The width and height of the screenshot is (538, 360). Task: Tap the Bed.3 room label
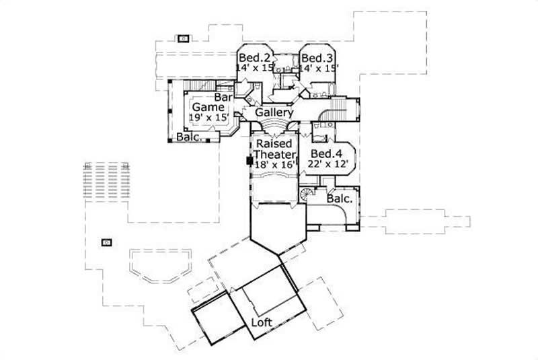pyautogui.click(x=314, y=58)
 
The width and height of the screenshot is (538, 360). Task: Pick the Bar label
pyautogui.click(x=223, y=98)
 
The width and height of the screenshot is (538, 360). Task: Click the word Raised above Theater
pyautogui.click(x=274, y=144)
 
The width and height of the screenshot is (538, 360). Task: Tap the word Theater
pyautogui.click(x=274, y=153)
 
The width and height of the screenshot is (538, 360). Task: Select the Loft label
pyautogui.click(x=262, y=322)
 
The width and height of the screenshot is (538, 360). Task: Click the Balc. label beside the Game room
pyautogui.click(x=187, y=137)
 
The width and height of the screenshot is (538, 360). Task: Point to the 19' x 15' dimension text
pyautogui.click(x=205, y=118)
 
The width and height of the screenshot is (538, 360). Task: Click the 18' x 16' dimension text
pyautogui.click(x=273, y=164)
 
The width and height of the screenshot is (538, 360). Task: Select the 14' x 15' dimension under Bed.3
pyautogui.click(x=319, y=67)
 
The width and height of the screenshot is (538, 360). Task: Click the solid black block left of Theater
pyautogui.click(x=249, y=161)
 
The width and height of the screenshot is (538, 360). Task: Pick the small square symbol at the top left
pyautogui.click(x=182, y=38)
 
